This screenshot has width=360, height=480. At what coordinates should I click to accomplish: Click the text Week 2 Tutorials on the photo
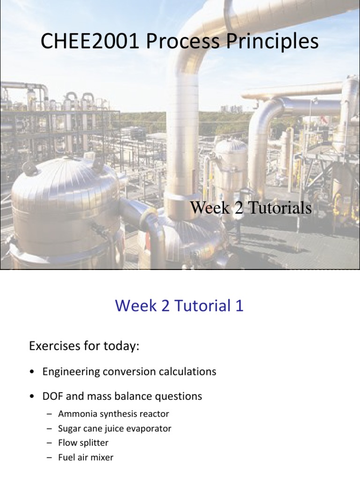[x=251, y=208]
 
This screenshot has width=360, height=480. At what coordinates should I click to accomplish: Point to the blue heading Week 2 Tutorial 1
[x=180, y=306]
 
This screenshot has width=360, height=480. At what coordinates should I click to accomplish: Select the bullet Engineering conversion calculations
[x=129, y=372]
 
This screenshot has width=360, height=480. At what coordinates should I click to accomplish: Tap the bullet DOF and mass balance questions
[x=122, y=396]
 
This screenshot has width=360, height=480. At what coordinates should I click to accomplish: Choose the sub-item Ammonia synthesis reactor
[x=113, y=414]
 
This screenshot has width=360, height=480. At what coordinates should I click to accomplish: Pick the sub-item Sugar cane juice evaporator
[x=115, y=428]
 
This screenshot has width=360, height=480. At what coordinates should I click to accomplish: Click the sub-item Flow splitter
[x=83, y=442]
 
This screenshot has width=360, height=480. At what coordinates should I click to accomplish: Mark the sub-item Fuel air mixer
[x=86, y=457]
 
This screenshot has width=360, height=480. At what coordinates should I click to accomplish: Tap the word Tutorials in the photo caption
[x=280, y=208]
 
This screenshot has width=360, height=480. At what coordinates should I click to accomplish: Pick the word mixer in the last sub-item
[x=103, y=457]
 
